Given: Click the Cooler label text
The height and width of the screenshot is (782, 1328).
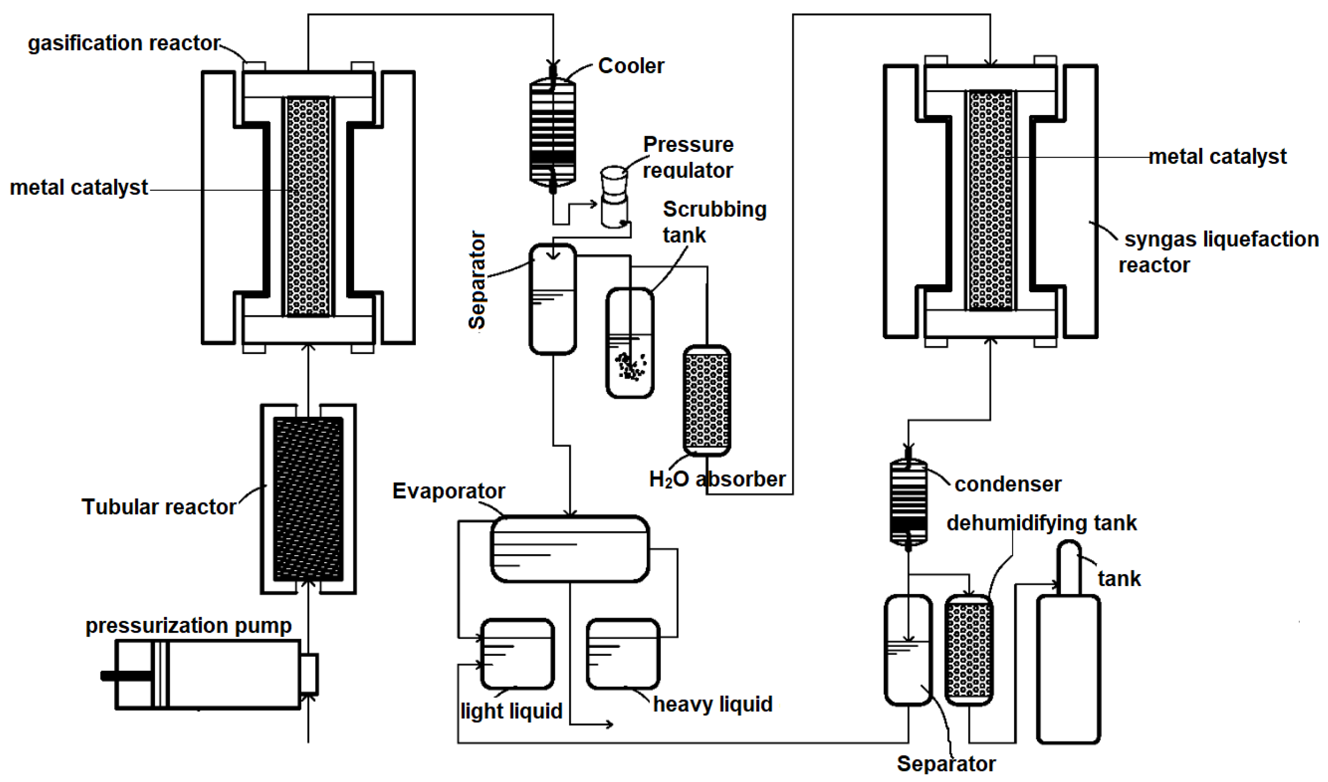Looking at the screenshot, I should click(631, 66).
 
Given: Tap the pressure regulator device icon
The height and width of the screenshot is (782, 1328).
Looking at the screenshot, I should click(614, 197).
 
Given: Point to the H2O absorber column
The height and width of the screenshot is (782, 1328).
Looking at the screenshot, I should click(706, 401).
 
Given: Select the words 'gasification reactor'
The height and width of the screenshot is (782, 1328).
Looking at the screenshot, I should click(124, 43).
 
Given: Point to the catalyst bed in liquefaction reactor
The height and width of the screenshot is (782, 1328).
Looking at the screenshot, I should click(990, 200).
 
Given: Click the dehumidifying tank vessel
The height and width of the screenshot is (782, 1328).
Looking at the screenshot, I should click(969, 650).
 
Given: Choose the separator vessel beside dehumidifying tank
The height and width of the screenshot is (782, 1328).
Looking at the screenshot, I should click(908, 650).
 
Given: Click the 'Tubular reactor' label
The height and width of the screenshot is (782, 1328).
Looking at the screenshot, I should click(159, 507).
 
